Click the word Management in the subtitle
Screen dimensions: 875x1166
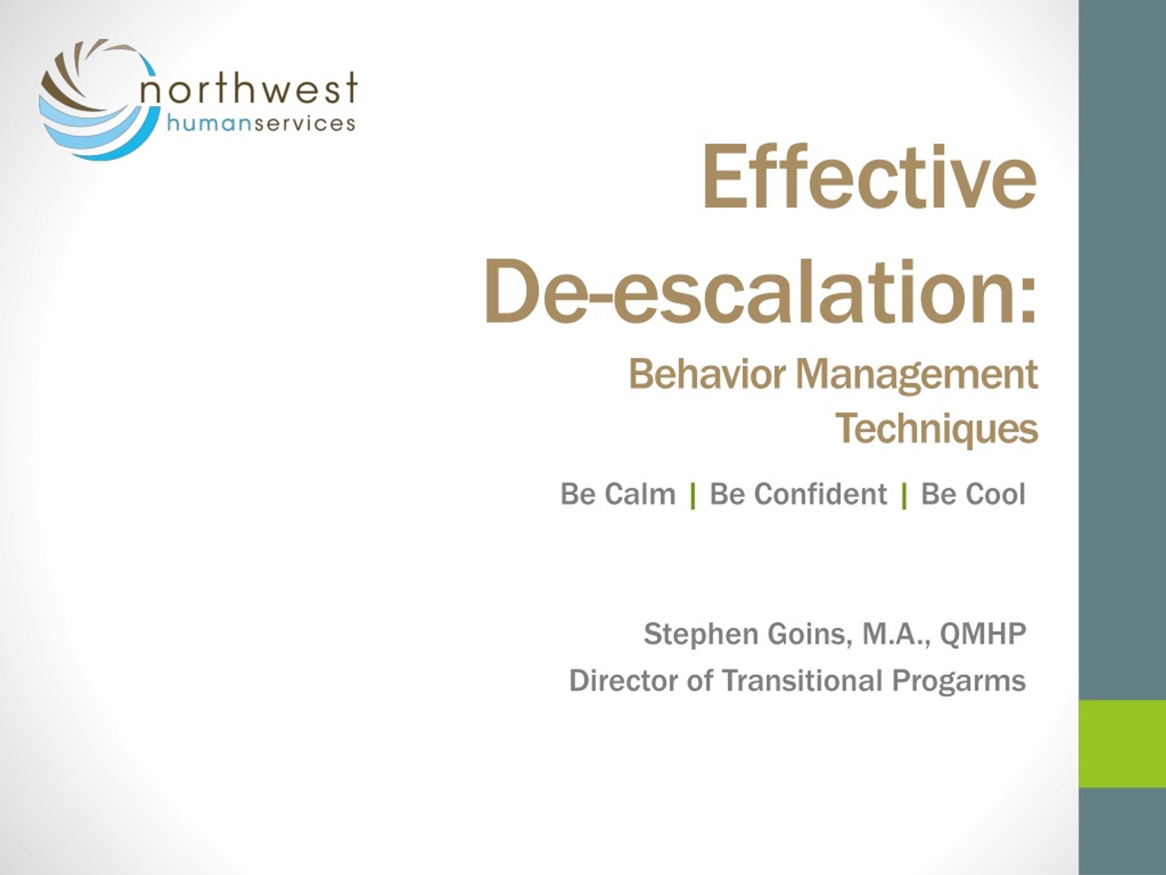click(917, 376)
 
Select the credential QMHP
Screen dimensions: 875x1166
click(983, 633)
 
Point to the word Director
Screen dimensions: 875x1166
click(624, 680)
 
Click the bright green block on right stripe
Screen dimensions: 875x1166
click(1122, 744)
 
